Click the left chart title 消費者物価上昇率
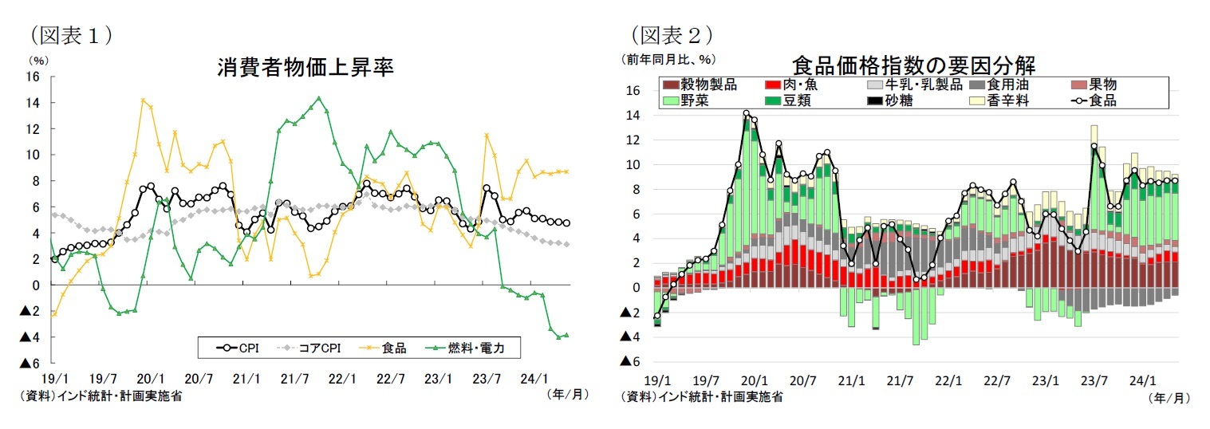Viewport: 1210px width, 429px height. [305, 68]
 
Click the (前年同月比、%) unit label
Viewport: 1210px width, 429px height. [668, 59]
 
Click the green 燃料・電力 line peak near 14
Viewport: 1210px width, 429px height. [318, 98]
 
